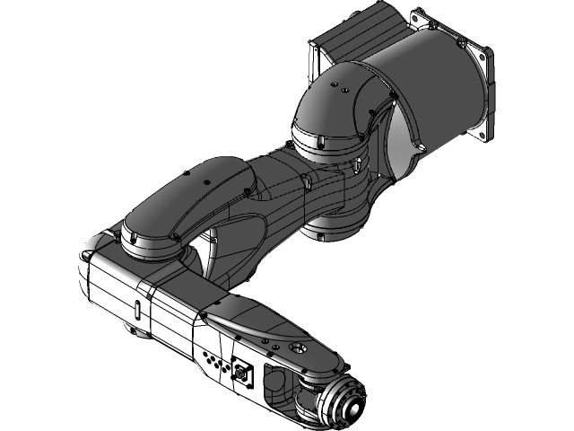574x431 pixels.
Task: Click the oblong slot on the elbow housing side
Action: (x=136, y=308)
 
